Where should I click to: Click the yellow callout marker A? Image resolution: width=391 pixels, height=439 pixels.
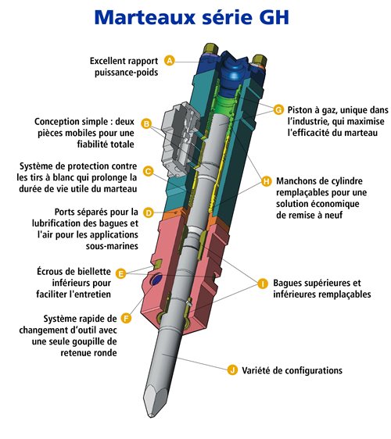169,60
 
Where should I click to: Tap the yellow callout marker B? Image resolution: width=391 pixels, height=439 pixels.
146,123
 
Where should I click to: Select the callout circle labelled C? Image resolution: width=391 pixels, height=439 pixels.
148,171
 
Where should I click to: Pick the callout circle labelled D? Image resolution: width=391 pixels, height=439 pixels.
149,212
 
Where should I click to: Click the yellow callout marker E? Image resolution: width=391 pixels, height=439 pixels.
120,273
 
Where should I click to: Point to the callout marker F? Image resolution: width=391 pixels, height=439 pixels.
126,318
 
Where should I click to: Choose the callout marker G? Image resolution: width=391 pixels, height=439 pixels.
278,109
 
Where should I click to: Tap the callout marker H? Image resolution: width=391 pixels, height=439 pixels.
267,181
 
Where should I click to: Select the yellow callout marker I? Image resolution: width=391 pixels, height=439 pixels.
263,284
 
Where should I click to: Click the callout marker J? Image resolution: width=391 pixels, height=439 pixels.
232,369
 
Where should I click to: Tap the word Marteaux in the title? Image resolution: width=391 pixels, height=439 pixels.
145,17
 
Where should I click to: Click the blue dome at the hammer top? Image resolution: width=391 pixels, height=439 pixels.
231,72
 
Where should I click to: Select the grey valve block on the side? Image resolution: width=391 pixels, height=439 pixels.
179,139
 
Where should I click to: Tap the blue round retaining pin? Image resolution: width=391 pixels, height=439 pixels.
156,280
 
